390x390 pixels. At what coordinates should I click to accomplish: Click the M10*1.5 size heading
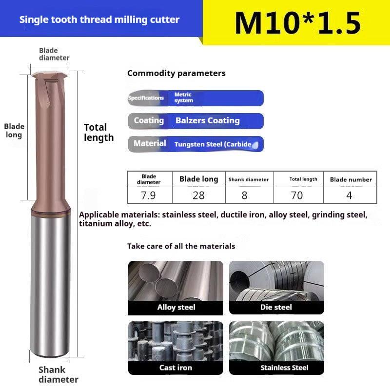297,22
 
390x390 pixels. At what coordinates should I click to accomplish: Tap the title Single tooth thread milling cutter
99,20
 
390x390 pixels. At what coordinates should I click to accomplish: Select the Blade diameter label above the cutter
54,54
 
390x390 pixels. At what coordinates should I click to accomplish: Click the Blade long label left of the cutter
14,131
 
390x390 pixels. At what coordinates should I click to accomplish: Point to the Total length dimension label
98,133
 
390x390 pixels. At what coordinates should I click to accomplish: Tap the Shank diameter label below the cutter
58,374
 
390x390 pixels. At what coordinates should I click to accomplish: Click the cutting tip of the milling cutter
49,77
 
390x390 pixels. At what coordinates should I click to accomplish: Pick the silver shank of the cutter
50,288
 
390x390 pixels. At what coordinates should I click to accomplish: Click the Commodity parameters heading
176,73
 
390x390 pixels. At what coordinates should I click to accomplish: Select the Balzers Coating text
207,121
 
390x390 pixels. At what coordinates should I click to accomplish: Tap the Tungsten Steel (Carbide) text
213,144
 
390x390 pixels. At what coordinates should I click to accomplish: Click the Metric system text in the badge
183,97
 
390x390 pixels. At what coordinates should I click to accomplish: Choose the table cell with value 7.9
149,195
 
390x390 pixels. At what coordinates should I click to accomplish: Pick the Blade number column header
351,179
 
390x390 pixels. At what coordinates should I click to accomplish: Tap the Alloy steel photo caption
176,308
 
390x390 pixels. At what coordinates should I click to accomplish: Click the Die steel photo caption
276,308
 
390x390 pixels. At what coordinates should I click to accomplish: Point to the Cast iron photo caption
175,368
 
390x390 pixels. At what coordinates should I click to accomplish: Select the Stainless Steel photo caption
284,368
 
